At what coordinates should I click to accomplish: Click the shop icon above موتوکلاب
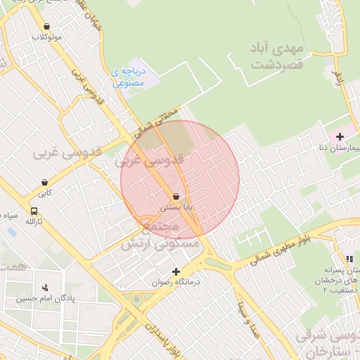coord(46,26)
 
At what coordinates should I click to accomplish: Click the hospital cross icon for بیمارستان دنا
coord(340,136)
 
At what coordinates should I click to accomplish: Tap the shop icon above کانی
coord(44,182)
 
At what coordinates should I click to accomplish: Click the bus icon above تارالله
coord(34,211)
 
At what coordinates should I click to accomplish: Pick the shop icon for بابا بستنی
coord(175,196)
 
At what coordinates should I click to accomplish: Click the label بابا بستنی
coord(176,207)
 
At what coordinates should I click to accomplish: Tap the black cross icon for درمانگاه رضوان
coord(176,271)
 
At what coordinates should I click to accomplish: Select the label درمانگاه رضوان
coord(176,283)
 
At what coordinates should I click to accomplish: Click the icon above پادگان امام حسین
coord(46,286)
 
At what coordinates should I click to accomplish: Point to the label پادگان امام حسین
coord(46,298)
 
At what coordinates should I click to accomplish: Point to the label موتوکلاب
coord(47,37)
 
